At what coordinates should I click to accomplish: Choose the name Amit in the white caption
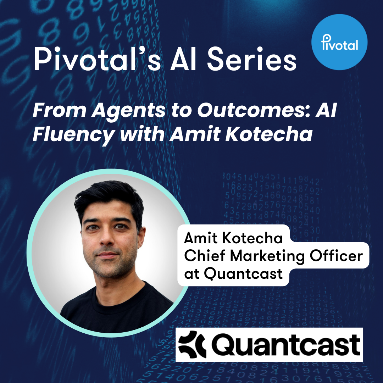(x=200, y=238)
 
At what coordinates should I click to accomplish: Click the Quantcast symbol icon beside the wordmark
(x=192, y=344)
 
